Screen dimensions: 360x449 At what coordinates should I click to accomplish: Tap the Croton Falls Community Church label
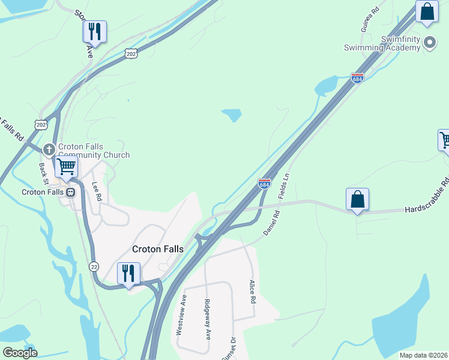[94, 151]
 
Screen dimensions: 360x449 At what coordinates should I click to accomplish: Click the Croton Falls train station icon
[70, 193]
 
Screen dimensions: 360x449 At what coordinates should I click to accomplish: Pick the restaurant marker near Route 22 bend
[128, 274]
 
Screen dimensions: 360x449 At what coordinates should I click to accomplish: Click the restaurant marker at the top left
[95, 31]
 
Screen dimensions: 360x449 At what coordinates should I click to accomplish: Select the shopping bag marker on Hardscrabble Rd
[357, 199]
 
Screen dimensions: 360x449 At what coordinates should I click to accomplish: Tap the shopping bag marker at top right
[427, 12]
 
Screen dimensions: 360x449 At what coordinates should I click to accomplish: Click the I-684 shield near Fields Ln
[264, 184]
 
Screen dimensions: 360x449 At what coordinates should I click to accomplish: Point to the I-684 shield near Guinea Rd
[357, 79]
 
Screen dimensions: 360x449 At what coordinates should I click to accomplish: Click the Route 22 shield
[94, 266]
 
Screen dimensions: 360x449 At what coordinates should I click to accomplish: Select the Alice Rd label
[253, 290]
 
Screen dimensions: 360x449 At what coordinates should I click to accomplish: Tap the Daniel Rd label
[271, 222]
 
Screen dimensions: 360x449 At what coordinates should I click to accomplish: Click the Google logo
[20, 353]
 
